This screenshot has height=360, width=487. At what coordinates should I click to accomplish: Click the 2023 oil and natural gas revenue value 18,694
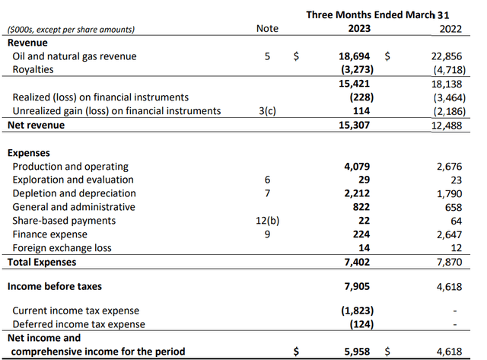[x=358, y=56]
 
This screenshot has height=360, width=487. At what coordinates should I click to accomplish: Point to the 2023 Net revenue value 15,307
[x=358, y=125]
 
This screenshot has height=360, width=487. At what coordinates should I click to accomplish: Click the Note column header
[x=268, y=30]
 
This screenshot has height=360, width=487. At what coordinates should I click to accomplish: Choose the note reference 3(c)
[x=267, y=111]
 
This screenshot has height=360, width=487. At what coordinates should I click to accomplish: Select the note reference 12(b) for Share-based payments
[x=267, y=221]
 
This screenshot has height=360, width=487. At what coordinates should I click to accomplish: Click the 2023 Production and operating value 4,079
[x=361, y=166]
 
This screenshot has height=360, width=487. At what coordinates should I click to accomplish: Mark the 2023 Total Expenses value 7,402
[x=361, y=263]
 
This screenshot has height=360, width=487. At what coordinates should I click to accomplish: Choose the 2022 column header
[x=455, y=30]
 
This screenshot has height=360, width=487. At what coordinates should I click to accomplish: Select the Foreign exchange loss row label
[x=62, y=248]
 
